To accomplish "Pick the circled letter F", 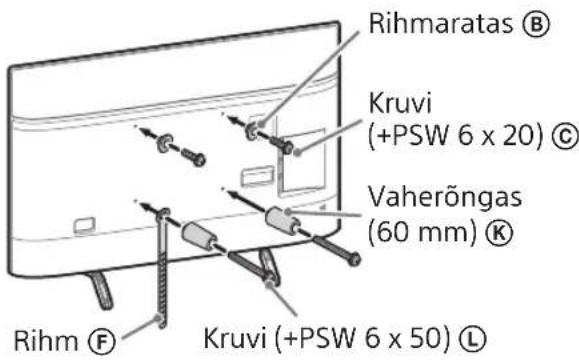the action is [x=102, y=333].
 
